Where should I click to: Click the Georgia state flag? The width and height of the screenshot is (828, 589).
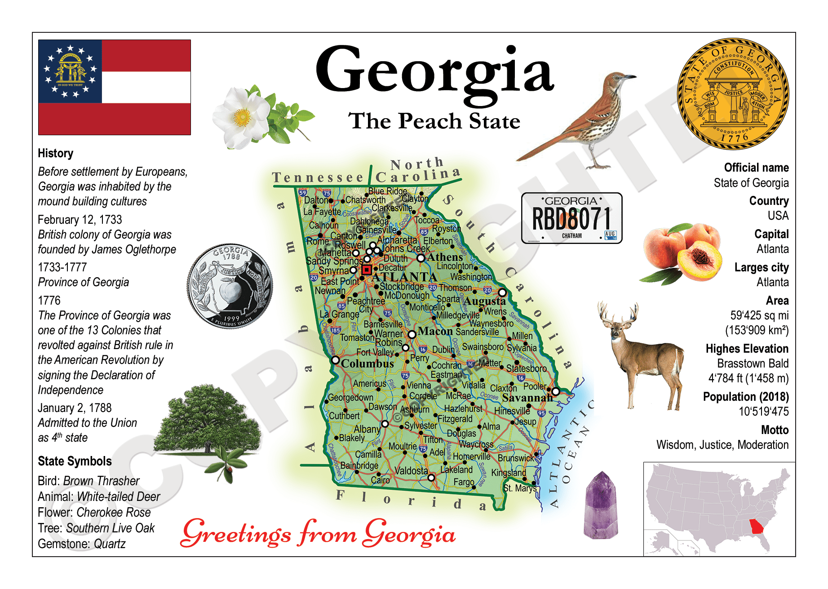114,87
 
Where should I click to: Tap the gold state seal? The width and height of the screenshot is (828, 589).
733,93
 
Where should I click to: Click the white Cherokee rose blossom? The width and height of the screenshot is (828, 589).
238,118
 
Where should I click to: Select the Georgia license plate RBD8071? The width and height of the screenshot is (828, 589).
571,218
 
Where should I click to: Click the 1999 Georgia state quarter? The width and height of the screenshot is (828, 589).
230,286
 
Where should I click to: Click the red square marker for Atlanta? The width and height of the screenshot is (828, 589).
367,270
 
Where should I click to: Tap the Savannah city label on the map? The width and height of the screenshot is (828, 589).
527,398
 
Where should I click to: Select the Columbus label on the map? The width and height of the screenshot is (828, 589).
368,363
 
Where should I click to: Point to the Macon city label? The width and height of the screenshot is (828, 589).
435,331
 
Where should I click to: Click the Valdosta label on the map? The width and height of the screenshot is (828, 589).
411,471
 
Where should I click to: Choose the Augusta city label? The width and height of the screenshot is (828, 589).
484,301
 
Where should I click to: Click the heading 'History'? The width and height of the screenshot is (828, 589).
55,153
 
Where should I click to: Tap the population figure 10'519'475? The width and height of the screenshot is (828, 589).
763,412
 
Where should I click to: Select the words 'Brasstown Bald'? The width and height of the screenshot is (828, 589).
753,363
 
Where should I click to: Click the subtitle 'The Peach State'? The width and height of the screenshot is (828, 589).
434,121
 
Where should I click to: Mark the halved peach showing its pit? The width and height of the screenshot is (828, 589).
699,259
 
